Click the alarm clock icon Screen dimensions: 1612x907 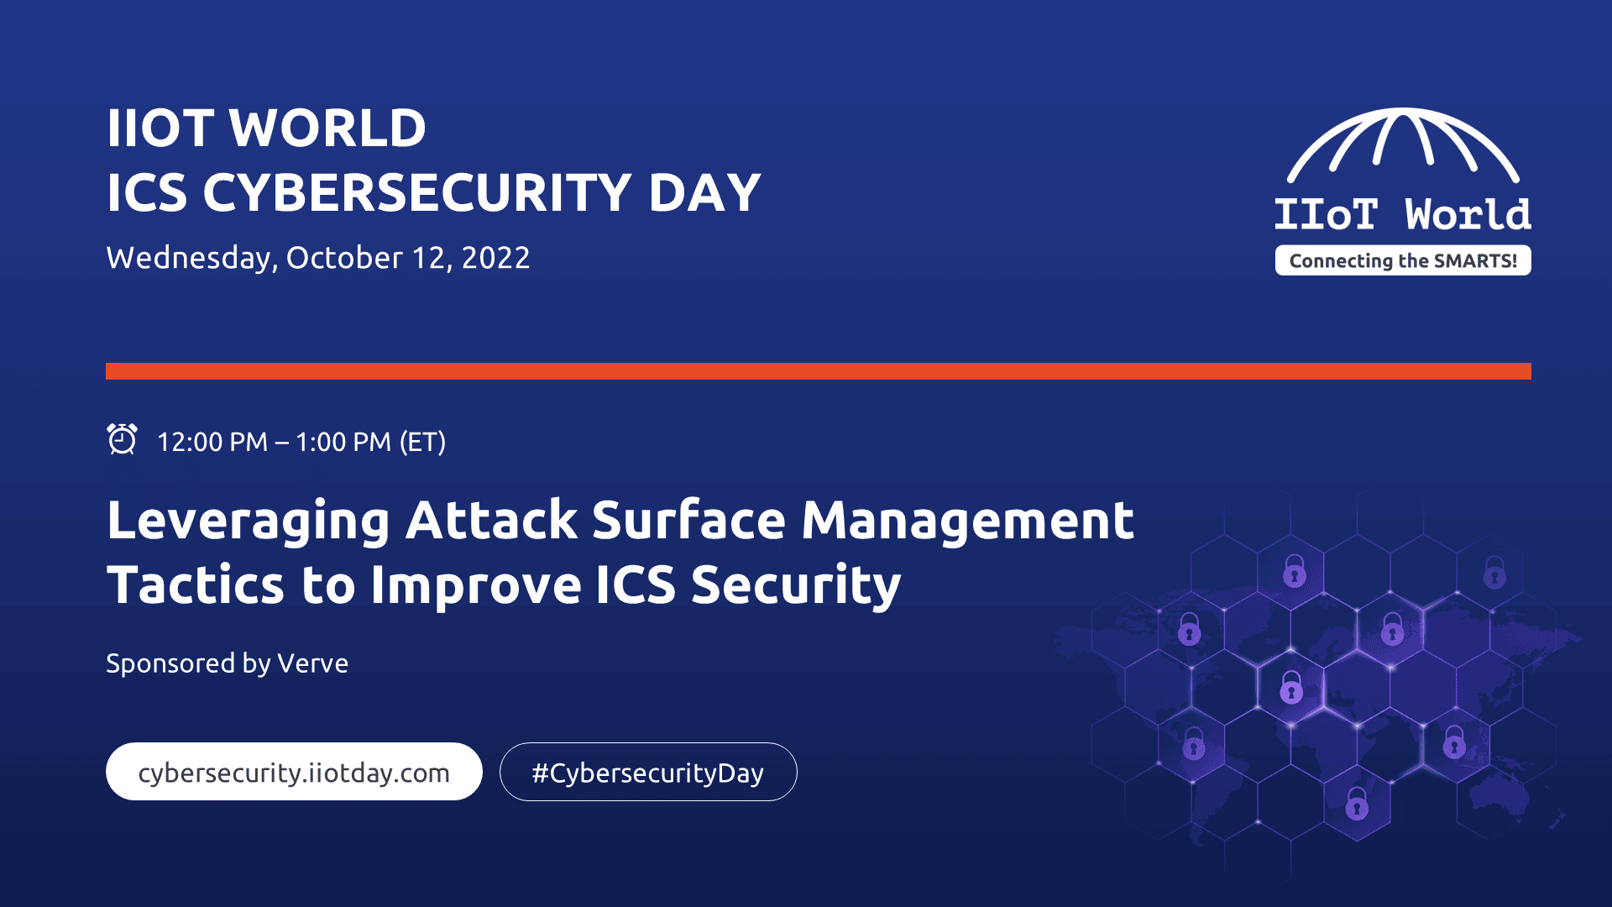click(122, 439)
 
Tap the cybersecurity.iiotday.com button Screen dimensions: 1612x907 click(294, 772)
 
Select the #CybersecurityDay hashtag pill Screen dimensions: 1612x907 click(648, 772)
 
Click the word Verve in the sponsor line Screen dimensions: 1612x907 click(312, 663)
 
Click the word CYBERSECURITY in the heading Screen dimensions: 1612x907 click(417, 192)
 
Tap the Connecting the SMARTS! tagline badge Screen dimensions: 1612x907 click(1403, 260)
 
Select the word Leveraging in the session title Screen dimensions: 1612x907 click(249, 522)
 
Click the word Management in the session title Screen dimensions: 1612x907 click(967, 520)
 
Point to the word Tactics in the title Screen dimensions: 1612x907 click(196, 585)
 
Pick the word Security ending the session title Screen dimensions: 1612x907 click(796, 586)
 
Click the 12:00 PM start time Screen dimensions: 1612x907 click(212, 442)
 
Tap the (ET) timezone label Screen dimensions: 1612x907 click(422, 442)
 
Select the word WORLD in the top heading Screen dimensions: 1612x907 click(327, 128)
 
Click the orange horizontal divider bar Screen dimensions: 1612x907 click(819, 371)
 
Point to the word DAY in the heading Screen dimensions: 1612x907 click(704, 192)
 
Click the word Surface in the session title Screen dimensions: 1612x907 click(688, 520)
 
